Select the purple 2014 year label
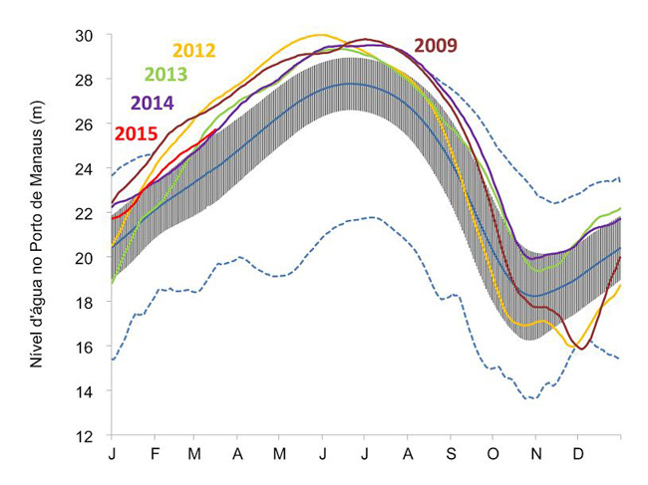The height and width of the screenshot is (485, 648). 153,103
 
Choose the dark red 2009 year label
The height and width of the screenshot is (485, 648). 436,45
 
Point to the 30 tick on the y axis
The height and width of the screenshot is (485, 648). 86,36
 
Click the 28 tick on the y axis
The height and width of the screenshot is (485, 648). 86,80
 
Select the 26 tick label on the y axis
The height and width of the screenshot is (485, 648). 86,124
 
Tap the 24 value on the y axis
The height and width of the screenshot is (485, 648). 86,169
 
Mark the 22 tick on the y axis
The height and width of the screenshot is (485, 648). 86,213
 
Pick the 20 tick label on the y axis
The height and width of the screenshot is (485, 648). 86,258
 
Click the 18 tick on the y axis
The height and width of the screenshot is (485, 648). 86,303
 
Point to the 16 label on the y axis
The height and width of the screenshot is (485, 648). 86,347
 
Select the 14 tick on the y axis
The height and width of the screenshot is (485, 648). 86,391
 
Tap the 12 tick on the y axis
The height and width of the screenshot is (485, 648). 86,436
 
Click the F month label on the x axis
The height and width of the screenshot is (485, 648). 155,454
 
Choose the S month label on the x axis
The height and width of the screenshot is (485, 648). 451,454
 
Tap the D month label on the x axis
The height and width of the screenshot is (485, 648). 577,454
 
